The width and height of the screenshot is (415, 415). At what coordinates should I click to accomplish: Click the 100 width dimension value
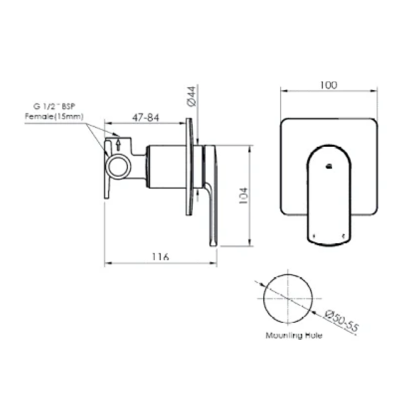point(329,85)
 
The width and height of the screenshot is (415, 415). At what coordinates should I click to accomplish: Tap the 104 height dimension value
point(243,195)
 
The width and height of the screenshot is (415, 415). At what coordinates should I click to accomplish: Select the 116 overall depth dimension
point(160,257)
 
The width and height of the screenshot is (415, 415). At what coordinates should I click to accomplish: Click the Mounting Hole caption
point(294,336)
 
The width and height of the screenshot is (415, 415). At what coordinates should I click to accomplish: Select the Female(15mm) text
point(54,116)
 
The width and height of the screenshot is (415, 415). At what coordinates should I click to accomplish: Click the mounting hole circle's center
point(288,299)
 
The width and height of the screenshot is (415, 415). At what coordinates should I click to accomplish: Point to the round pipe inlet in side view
point(119,166)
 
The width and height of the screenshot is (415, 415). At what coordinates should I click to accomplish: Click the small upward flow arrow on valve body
point(118,144)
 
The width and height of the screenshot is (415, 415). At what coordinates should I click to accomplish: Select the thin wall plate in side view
point(189,167)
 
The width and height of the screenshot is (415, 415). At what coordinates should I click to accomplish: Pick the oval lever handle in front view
point(329,195)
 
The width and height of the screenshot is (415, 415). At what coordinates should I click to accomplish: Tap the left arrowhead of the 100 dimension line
point(282,91)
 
